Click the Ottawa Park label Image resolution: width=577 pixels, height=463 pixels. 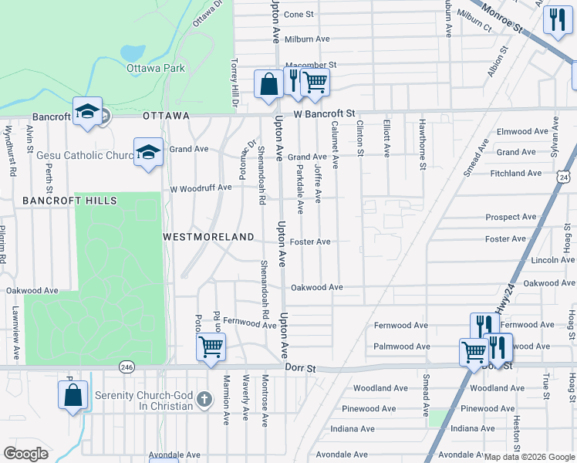[x=156, y=68]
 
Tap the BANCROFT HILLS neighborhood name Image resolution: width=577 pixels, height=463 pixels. [x=69, y=201]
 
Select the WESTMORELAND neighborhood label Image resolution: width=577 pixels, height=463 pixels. [x=208, y=236]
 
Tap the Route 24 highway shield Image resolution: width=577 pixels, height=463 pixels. [x=565, y=178]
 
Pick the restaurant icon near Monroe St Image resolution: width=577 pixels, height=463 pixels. [x=555, y=19]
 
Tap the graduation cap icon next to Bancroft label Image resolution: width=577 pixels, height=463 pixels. [x=88, y=112]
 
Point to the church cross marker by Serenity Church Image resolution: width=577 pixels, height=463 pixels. [x=204, y=399]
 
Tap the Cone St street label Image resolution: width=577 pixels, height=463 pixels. [x=299, y=14]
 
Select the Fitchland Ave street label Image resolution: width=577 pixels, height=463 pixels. [x=516, y=174]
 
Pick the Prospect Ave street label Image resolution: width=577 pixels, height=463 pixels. [x=511, y=218]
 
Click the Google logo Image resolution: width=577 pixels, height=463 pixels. [x=26, y=454]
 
